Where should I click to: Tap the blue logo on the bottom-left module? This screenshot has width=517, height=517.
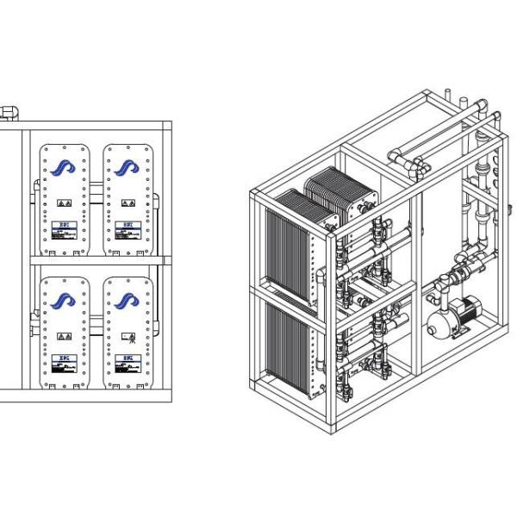coord(63,300)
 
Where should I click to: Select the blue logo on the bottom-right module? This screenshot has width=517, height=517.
coord(127,300)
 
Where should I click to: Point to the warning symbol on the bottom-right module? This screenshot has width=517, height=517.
coord(128,336)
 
